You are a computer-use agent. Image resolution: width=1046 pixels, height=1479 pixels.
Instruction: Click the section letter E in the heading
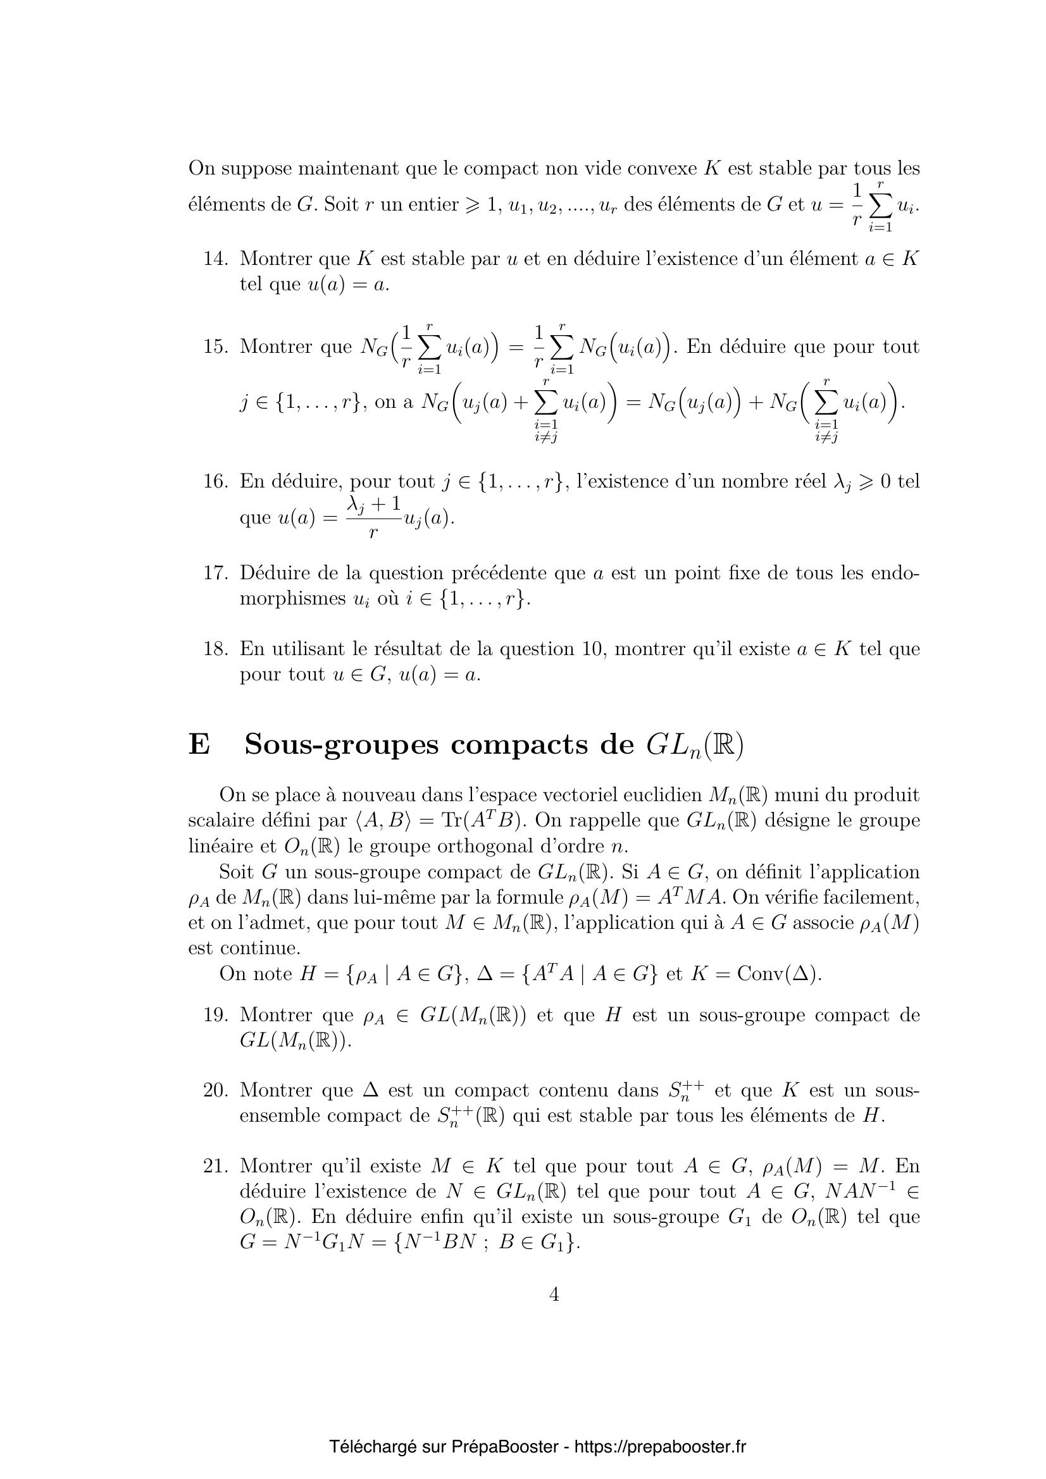point(199,746)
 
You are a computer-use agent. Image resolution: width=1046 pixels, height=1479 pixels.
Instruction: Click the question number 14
point(216,259)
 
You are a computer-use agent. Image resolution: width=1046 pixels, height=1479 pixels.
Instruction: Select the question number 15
point(216,347)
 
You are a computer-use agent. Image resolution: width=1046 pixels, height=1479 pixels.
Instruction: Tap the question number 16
point(216,481)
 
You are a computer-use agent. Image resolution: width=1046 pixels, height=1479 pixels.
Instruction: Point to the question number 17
point(216,573)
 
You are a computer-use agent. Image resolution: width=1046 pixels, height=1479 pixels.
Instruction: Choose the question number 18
point(216,649)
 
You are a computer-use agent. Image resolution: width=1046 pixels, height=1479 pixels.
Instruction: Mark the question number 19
point(216,1016)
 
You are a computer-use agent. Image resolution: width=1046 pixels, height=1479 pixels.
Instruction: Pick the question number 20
point(216,1091)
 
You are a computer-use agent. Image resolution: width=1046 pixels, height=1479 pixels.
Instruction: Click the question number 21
point(216,1167)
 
